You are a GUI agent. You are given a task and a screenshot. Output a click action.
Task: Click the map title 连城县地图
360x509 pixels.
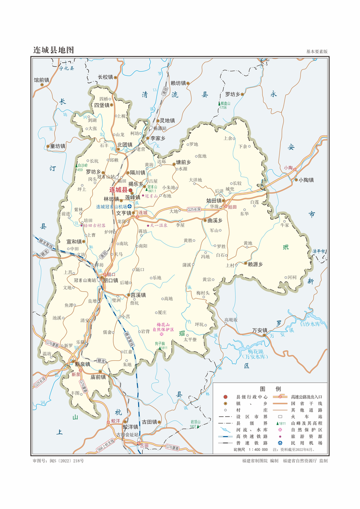pyautogui.click(x=53, y=50)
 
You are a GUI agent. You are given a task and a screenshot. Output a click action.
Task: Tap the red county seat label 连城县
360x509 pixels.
pyautogui.click(x=118, y=190)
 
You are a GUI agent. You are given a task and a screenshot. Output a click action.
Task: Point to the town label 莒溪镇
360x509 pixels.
pyautogui.click(x=138, y=295)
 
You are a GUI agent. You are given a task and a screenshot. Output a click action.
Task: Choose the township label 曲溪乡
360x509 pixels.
pyautogui.click(x=215, y=221)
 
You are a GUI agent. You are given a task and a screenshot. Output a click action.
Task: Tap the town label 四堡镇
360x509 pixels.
pyautogui.click(x=102, y=105)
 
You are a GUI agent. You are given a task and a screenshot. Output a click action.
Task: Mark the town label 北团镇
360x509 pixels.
pyautogui.click(x=124, y=144)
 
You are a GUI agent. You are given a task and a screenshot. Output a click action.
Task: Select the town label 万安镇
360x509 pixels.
pyautogui.click(x=260, y=331)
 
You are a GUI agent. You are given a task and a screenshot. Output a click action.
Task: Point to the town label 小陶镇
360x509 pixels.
pyautogui.click(x=305, y=180)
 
